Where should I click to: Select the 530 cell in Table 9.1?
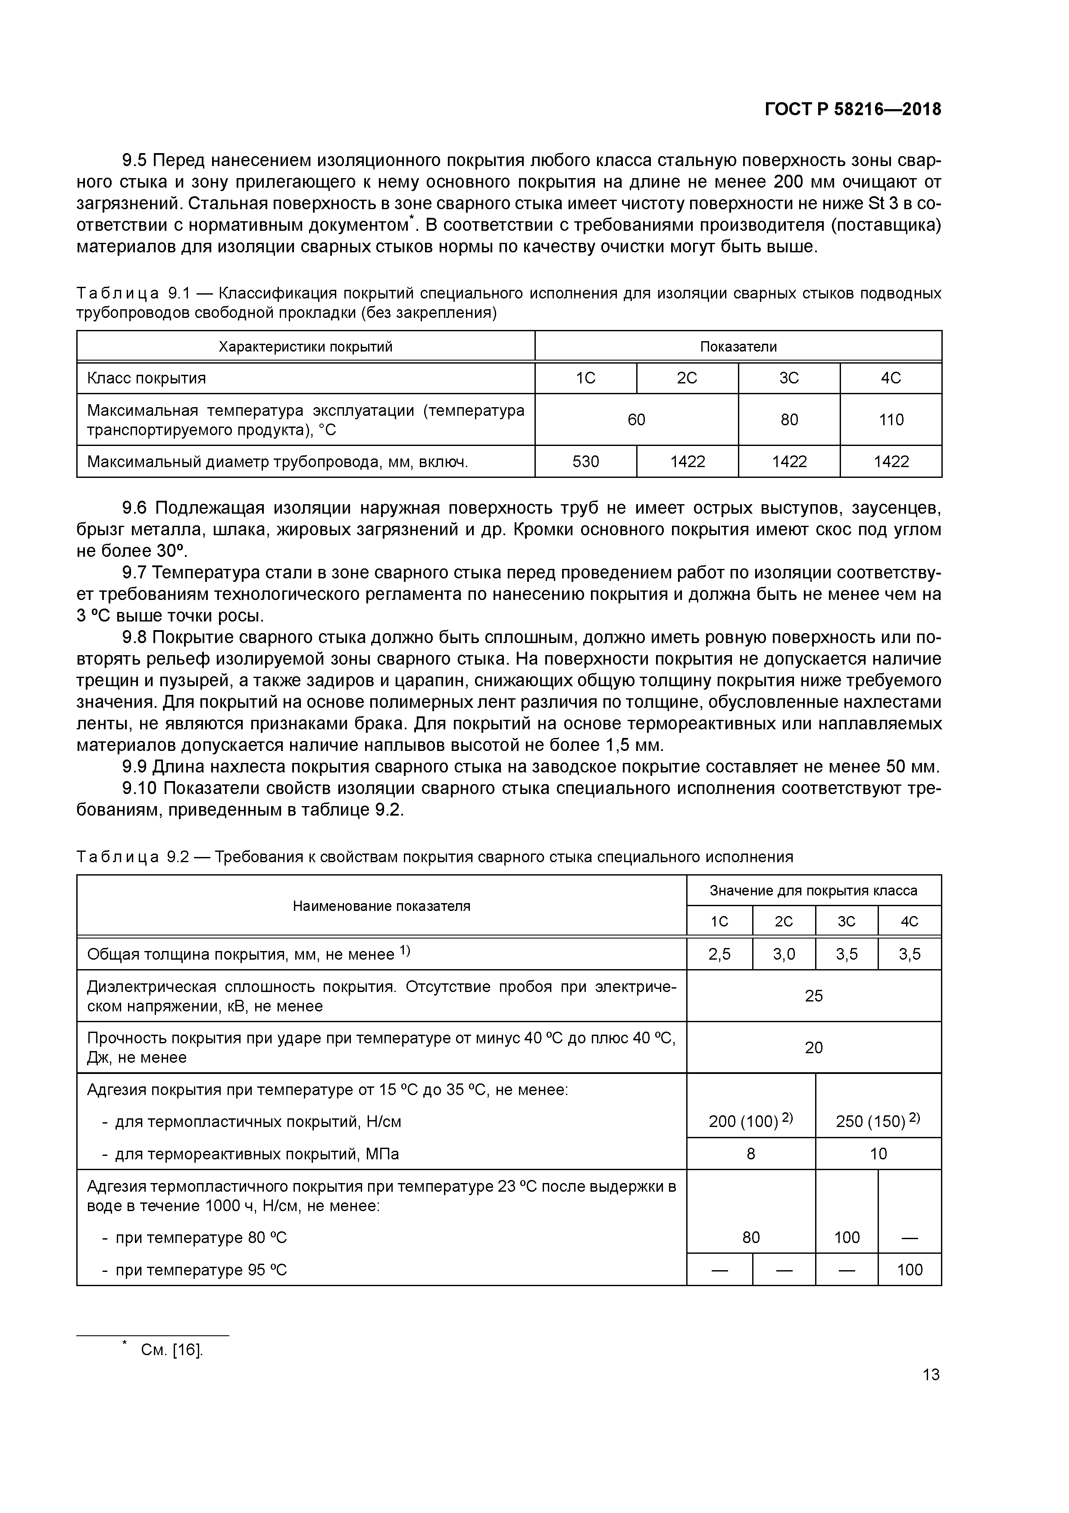[585, 461]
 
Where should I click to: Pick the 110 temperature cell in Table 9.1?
[891, 420]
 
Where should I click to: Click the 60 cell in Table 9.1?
[636, 420]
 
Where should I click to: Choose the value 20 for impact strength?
[813, 1048]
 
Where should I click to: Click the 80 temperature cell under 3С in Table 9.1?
[789, 420]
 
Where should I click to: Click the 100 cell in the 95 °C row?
[910, 1270]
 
